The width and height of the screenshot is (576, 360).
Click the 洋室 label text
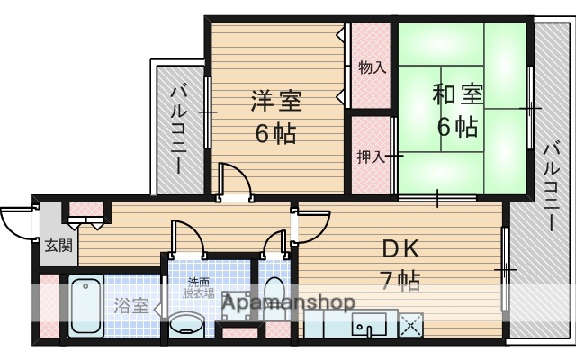tap(276, 100)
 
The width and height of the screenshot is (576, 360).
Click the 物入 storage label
tap(372, 67)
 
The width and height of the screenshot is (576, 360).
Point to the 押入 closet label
tap(372, 157)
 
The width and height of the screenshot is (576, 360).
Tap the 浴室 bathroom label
tap(132, 305)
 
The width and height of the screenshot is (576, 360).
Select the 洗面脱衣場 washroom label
tap(193, 286)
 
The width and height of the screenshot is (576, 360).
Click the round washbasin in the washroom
tap(187, 323)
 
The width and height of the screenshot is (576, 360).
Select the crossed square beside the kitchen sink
tap(410, 324)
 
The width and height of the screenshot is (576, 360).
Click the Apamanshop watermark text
tap(288, 302)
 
